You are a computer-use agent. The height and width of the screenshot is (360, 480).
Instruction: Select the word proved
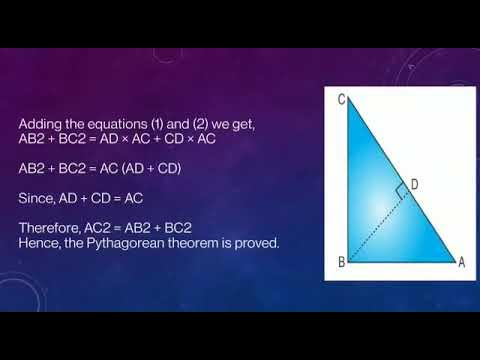(x=260, y=243)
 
